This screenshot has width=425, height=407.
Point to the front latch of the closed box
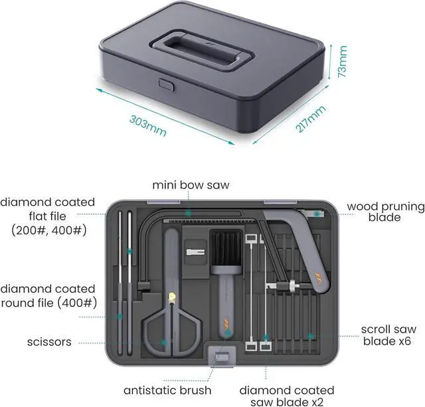coord(165,85)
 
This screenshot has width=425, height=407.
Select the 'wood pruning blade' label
coord(385,212)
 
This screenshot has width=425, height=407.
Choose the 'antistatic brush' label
coord(167,390)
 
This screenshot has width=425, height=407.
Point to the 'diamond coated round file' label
coord(47,295)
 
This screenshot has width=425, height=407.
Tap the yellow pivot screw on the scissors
coord(172,295)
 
